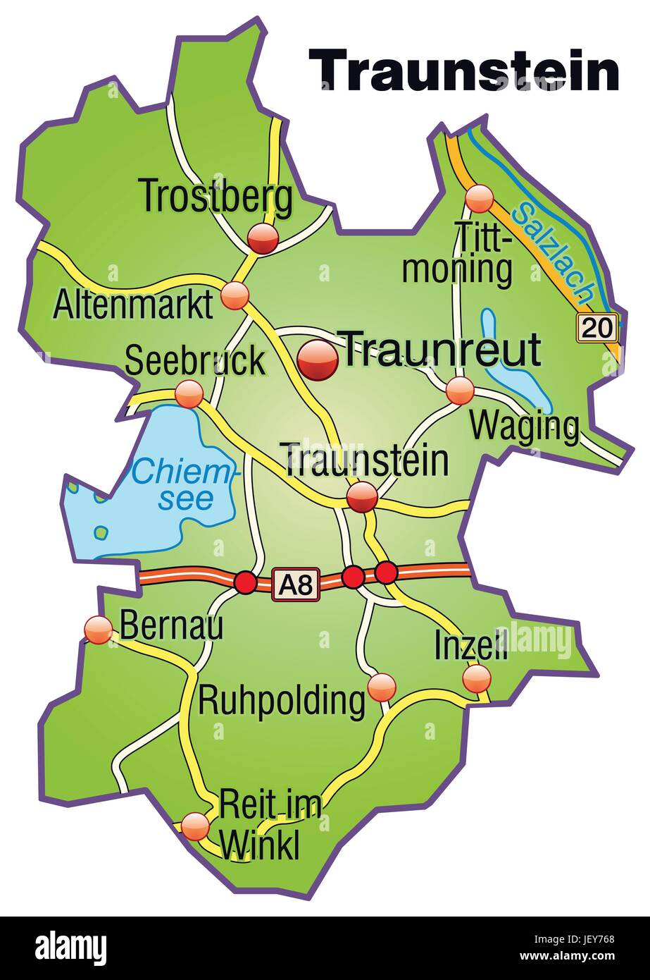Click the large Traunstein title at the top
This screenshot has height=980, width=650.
coord(465,71)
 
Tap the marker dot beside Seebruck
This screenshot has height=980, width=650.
coord(189,393)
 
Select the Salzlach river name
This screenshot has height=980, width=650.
coord(554,251)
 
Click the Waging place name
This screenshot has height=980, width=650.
coord(525,426)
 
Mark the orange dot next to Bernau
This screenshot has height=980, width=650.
coord(98,629)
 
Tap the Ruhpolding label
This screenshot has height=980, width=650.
coord(282,701)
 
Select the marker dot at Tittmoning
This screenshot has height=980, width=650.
coord(481,199)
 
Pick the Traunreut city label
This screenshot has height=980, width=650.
coord(442,349)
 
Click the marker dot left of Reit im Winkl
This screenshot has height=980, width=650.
coord(195,825)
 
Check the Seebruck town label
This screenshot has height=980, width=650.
coord(195,361)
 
